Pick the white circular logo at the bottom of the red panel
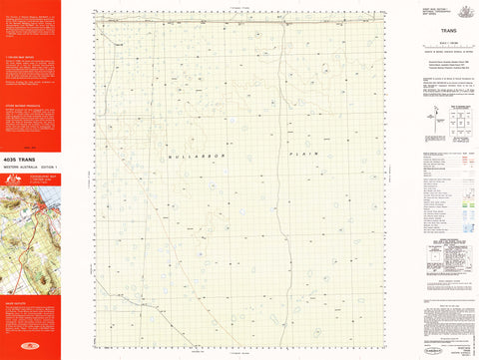pos(30,349)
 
